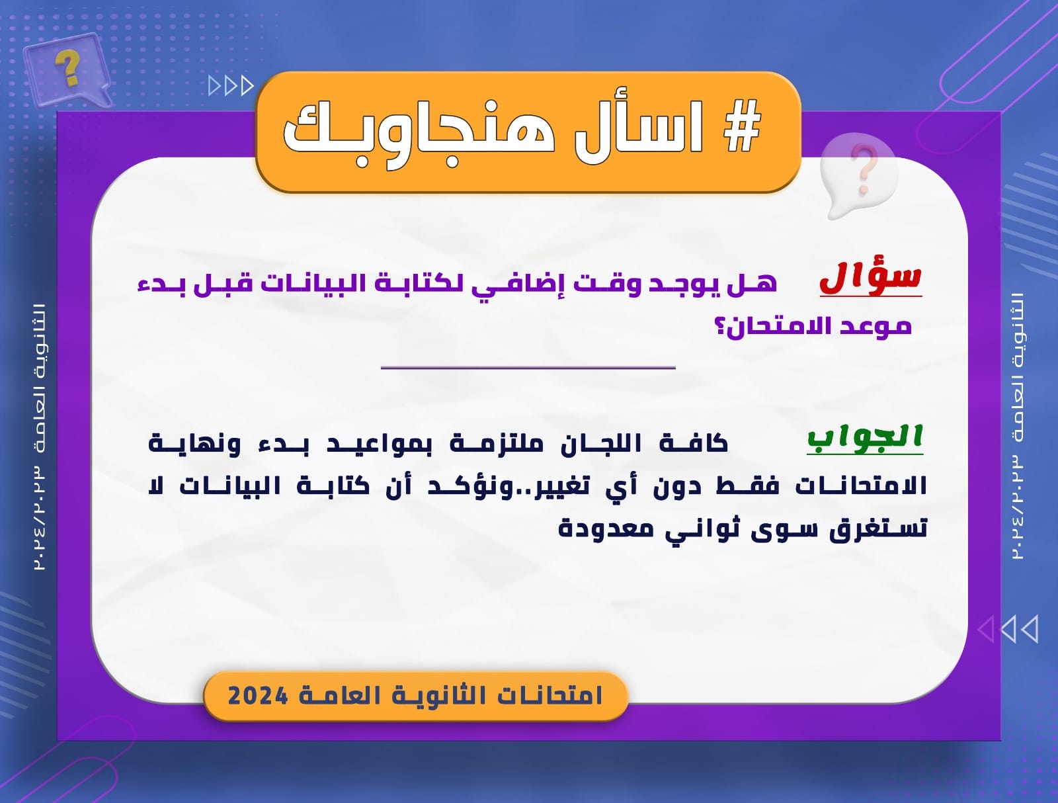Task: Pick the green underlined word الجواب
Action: click(x=865, y=438)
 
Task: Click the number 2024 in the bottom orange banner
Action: click(x=258, y=696)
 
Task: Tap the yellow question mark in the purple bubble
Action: click(x=68, y=68)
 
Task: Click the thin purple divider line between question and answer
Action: click(x=528, y=368)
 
